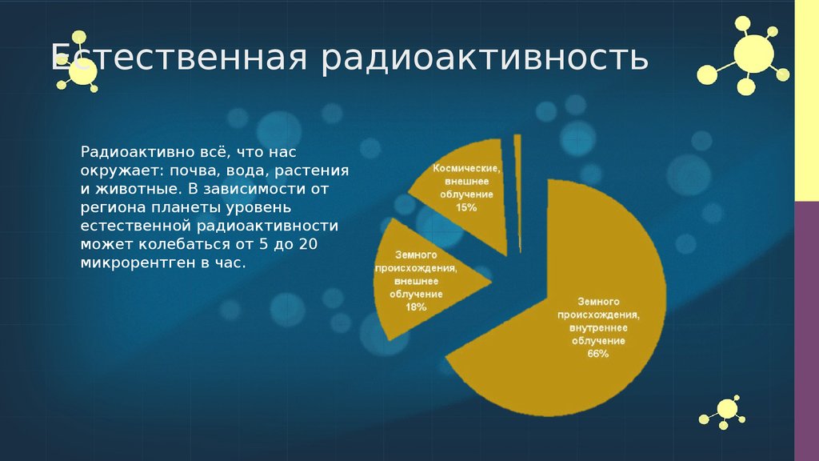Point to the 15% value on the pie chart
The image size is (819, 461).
466,207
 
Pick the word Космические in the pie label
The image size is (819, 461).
466,169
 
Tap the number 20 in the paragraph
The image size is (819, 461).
308,244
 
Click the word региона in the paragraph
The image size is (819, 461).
107,207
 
